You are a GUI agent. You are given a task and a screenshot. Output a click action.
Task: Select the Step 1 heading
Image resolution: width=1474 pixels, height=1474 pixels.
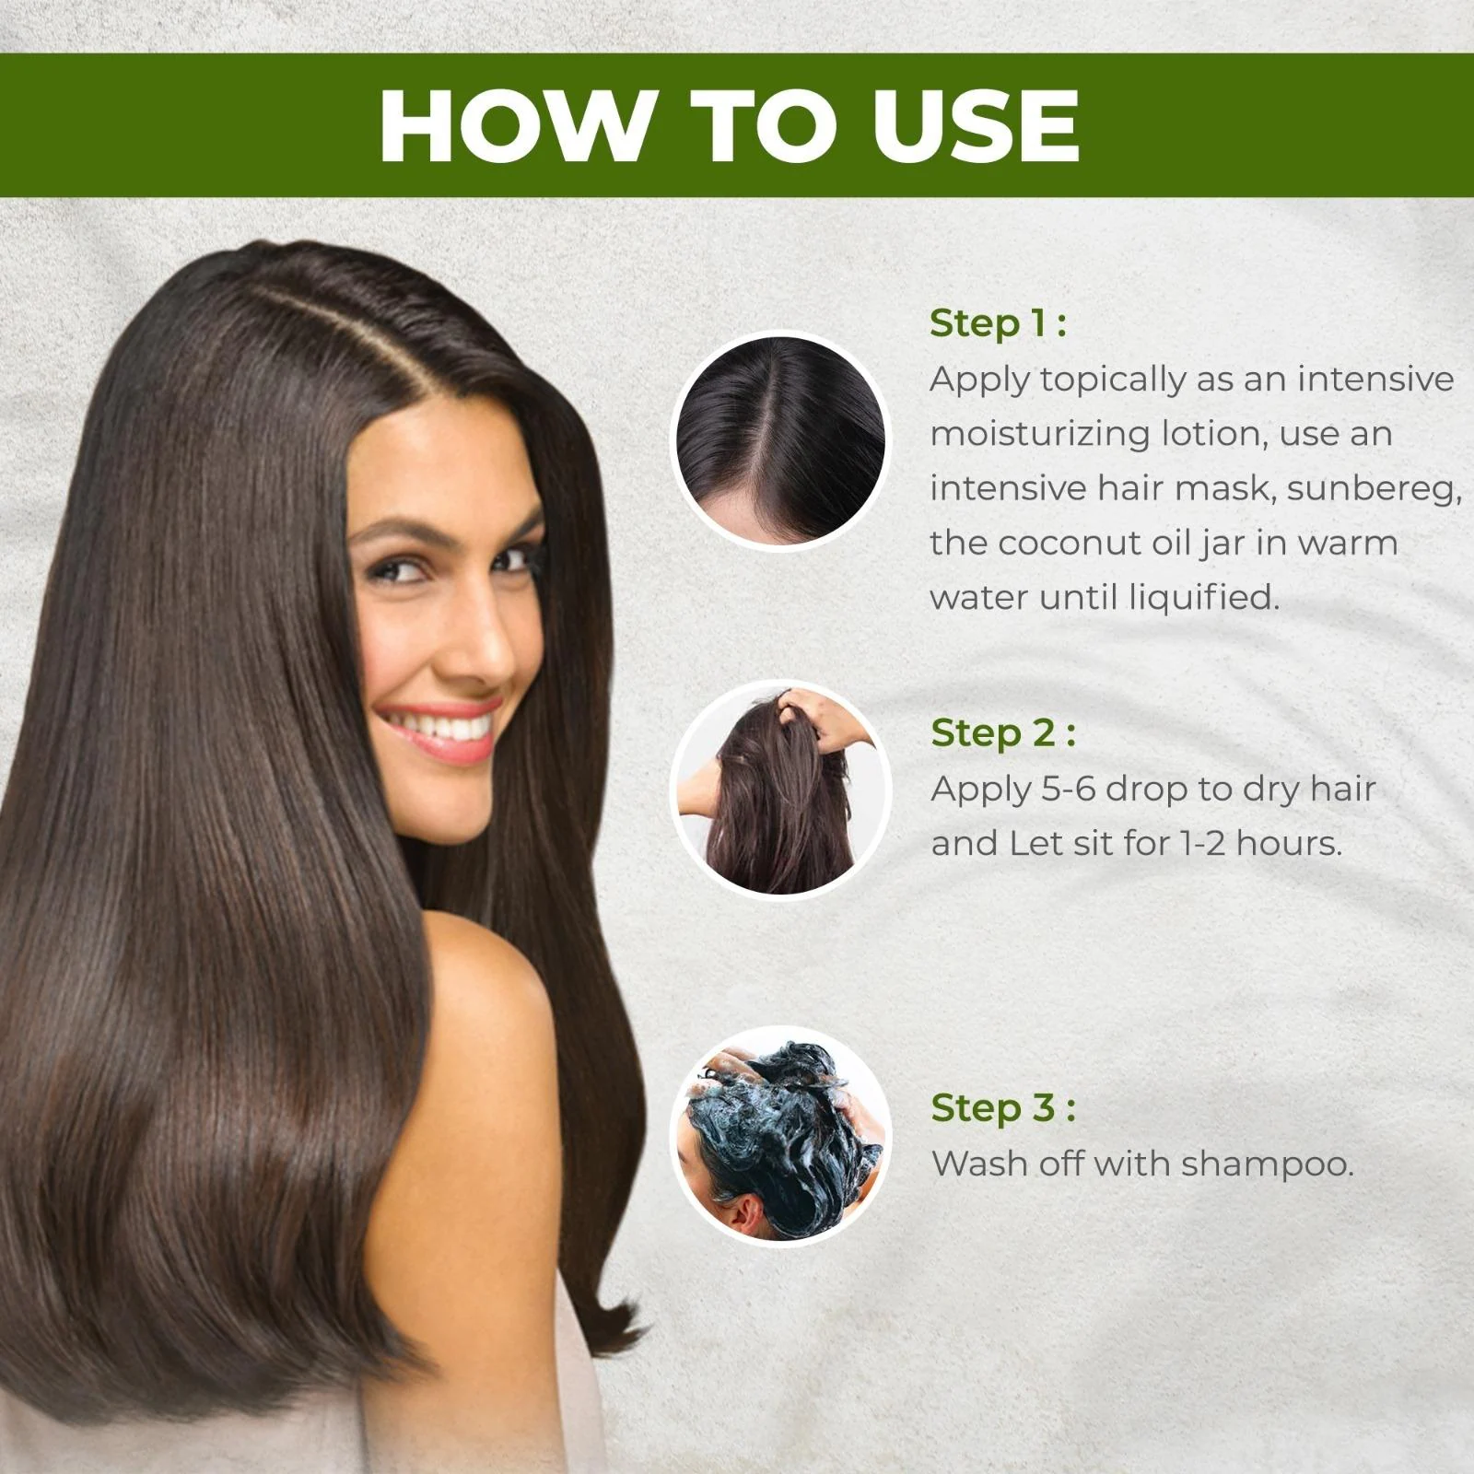coord(998,323)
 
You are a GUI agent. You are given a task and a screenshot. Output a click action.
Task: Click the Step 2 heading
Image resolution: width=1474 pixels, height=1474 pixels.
coord(1003,733)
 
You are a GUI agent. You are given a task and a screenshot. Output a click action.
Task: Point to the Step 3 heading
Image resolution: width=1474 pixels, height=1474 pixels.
coord(1003,1108)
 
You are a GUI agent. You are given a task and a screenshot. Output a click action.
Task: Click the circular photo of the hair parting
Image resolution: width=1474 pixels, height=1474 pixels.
coord(780,440)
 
